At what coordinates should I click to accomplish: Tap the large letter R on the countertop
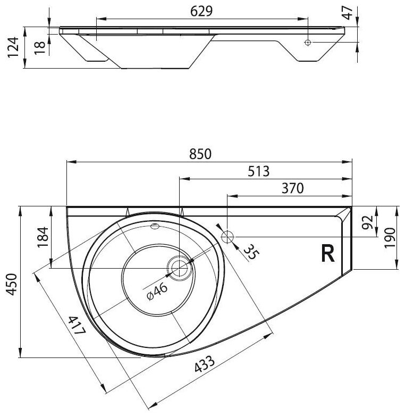click(328, 255)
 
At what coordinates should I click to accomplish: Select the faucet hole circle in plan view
click(228, 236)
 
